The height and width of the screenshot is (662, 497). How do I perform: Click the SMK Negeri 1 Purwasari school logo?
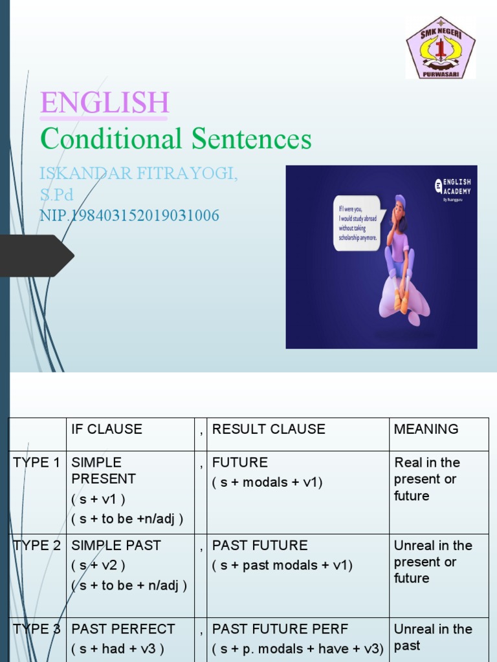coord(440,48)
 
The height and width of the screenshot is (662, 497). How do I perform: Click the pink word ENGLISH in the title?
coord(104,103)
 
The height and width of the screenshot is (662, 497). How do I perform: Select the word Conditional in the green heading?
coord(111,139)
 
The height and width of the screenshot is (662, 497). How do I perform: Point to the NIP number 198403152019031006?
coord(129,215)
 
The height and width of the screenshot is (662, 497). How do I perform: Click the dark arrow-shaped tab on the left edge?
coord(36,255)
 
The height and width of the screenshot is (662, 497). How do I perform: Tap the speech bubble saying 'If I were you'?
coord(358,222)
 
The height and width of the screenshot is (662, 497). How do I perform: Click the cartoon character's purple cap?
coord(399,200)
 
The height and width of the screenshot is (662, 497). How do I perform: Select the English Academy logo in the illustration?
coord(453,187)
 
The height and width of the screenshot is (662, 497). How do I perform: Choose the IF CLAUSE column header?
coord(107,429)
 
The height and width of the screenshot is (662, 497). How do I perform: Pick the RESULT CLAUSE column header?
coord(269,429)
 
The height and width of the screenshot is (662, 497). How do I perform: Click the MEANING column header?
coord(426,429)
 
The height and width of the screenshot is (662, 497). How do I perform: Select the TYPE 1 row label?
coord(37,462)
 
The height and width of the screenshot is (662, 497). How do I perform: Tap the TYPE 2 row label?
coord(37,546)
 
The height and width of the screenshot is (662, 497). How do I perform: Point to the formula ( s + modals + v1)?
coord(267,482)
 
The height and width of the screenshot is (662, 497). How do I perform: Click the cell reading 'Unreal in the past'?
coord(433,637)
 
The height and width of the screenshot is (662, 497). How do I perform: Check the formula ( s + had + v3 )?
coord(118,648)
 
